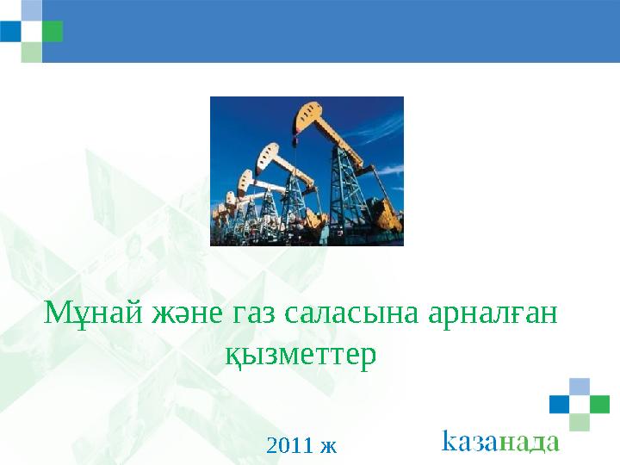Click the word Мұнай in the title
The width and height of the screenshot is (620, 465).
pyautogui.click(x=93, y=313)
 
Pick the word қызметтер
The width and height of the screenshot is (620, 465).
pyautogui.click(x=301, y=355)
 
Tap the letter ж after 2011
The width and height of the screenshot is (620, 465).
pyautogui.click(x=329, y=447)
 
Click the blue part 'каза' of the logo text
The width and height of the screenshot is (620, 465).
pyautogui.click(x=469, y=440)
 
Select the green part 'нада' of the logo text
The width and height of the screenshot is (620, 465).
pyautogui.click(x=529, y=443)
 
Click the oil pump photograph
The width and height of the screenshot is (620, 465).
pyautogui.click(x=307, y=171)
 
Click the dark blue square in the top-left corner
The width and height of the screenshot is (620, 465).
pyautogui.click(x=10, y=31)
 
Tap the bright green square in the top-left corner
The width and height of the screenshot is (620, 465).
pyautogui.click(x=53, y=31)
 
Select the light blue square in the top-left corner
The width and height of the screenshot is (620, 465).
pyautogui.click(x=32, y=10)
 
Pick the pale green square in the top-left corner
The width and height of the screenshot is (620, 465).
pyautogui.click(x=32, y=53)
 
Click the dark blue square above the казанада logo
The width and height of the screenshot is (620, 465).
pyautogui.click(x=560, y=404)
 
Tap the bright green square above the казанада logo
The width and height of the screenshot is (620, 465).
pyautogui.click(x=599, y=404)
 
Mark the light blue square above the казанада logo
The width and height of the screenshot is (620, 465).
pyautogui.click(x=580, y=387)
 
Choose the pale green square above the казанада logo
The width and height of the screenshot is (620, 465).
pyautogui.click(x=580, y=422)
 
